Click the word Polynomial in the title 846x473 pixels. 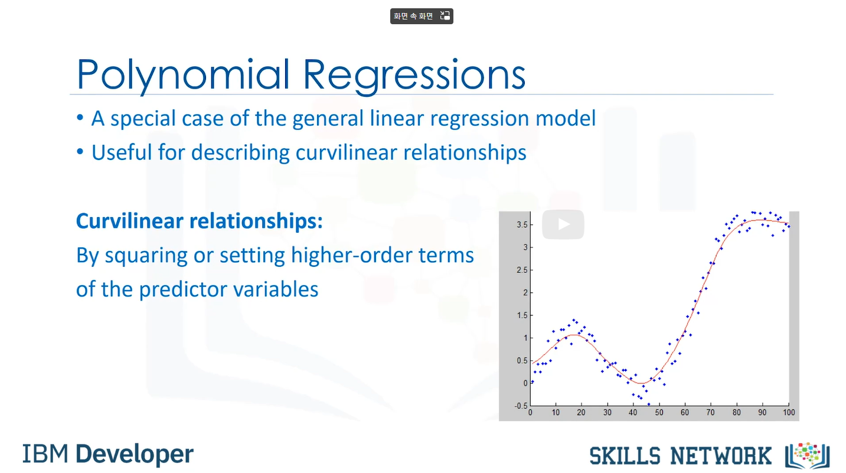tap(183, 75)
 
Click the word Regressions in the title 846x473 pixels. tap(414, 75)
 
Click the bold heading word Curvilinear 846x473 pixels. tap(129, 221)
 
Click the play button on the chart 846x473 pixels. tap(563, 224)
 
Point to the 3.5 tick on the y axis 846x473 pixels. tap(522, 225)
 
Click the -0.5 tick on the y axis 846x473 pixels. tap(521, 406)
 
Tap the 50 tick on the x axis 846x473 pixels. tap(659, 413)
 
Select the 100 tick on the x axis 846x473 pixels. tap(789, 413)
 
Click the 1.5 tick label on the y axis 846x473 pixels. tap(522, 315)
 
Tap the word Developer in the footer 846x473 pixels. tap(135, 455)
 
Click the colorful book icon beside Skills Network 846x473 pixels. tap(807, 455)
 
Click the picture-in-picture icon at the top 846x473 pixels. tap(445, 16)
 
